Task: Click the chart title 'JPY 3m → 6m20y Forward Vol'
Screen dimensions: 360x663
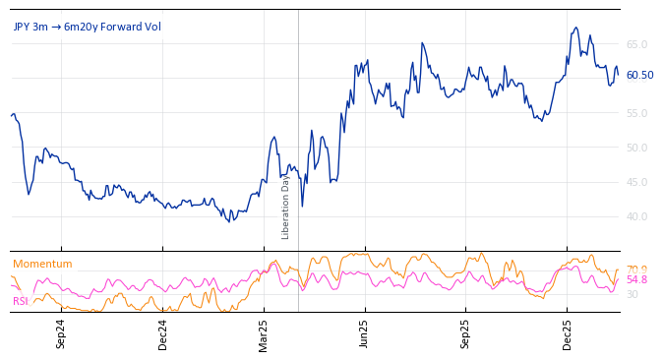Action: click(x=87, y=27)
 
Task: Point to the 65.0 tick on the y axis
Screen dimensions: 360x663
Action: click(x=636, y=44)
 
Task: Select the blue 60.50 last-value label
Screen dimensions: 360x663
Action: click(x=639, y=75)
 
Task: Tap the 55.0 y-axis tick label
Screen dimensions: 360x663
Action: click(x=636, y=113)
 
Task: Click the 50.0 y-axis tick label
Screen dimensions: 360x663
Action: click(x=636, y=148)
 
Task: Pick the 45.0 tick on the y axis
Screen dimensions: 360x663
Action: click(x=636, y=182)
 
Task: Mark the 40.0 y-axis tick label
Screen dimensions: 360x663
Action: click(x=636, y=216)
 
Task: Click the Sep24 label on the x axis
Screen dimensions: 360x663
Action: click(x=61, y=334)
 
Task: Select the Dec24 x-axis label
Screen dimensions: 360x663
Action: click(x=163, y=334)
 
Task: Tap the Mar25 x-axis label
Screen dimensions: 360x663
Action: click(x=264, y=334)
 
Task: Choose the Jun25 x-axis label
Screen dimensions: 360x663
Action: click(x=365, y=334)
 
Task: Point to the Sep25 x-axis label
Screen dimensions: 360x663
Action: click(x=466, y=334)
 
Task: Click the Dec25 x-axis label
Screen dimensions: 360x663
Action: click(x=568, y=334)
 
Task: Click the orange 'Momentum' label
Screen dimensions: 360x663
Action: click(x=42, y=264)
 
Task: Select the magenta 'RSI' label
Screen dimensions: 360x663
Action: click(x=20, y=301)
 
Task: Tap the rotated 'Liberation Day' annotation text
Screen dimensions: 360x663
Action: click(x=286, y=207)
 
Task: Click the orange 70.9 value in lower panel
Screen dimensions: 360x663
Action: click(x=636, y=270)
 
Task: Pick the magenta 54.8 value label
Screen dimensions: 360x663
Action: click(x=636, y=280)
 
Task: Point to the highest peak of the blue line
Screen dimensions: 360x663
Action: click(x=576, y=28)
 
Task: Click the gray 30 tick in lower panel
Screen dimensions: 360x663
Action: click(x=632, y=294)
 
